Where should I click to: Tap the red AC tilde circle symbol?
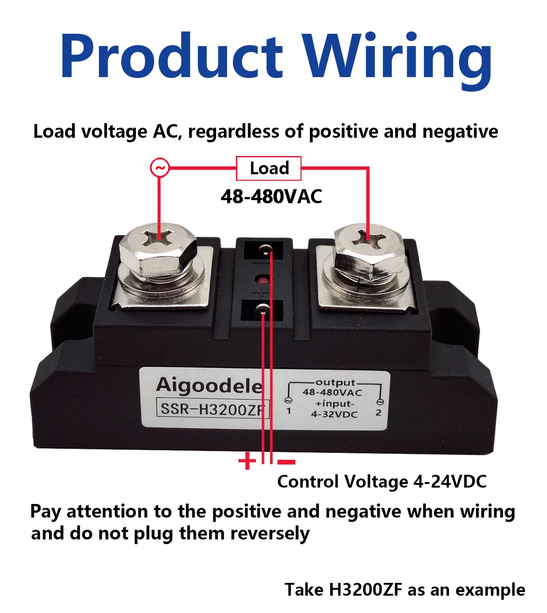click(160, 168)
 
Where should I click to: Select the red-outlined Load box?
click(269, 168)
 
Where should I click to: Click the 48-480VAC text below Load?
click(271, 197)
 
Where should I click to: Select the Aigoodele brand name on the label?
click(210, 386)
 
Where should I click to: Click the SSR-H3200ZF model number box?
click(212, 409)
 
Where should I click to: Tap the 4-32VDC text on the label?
click(334, 414)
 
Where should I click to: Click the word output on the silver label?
click(335, 382)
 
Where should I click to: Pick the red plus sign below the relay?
click(247, 461)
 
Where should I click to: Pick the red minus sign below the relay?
click(286, 462)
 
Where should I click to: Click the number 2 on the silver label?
click(378, 412)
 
